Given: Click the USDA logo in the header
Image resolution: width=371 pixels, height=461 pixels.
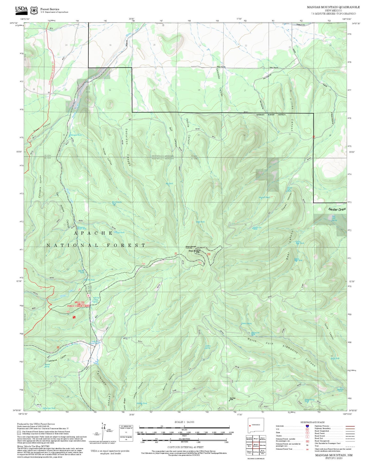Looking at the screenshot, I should point(21,10).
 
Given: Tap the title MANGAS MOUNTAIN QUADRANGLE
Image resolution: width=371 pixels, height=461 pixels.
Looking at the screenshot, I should point(333,7).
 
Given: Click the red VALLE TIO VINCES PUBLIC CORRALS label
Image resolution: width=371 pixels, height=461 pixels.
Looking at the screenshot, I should point(75,304).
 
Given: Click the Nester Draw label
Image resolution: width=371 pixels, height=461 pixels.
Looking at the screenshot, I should point(337,209).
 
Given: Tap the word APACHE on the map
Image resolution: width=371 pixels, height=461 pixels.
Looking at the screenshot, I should point(93,233).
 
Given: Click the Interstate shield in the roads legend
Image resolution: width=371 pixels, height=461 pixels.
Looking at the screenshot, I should point(307,426).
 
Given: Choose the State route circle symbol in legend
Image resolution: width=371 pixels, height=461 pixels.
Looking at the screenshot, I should point(307,432).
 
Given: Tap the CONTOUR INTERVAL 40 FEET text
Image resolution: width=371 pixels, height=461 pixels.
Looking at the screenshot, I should point(184,447).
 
